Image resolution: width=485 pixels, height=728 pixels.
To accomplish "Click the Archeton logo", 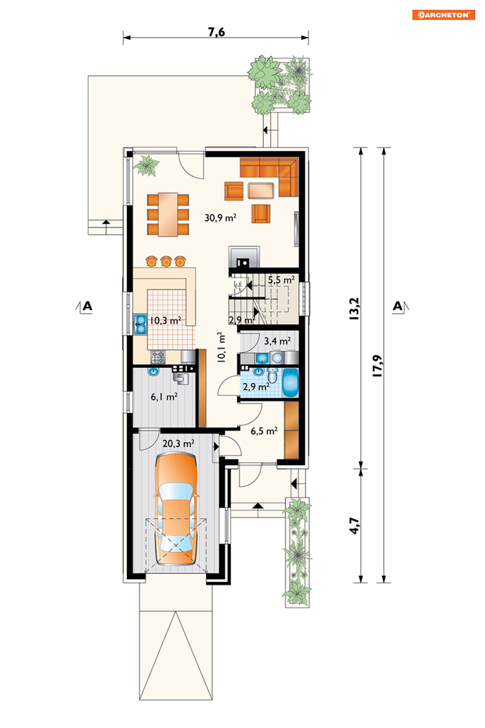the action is (x=444, y=15).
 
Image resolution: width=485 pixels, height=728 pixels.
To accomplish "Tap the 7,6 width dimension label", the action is (x=216, y=32).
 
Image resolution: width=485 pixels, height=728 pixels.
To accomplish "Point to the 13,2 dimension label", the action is (x=354, y=309).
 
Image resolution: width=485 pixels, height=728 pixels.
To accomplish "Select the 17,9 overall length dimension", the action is (x=377, y=365).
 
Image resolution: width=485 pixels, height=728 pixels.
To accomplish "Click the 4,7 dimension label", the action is (x=354, y=526).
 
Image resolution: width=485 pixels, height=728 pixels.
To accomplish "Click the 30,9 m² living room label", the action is (x=220, y=217).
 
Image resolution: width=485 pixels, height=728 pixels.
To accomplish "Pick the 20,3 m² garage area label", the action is (x=178, y=443).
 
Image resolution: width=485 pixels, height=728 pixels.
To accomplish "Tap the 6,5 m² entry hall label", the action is (x=264, y=431).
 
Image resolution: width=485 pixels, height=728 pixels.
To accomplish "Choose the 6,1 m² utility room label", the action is (x=164, y=396).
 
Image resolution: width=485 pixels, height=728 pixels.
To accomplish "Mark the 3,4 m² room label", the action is (x=277, y=341).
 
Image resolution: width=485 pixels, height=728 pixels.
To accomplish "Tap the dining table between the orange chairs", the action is (x=168, y=215).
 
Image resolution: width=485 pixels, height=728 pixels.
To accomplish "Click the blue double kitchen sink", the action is (x=140, y=324).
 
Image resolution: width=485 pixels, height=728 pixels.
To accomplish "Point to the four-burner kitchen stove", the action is (x=158, y=357).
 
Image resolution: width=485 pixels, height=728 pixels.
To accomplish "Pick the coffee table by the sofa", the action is (x=261, y=191).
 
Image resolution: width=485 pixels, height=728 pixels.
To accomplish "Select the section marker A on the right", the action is (x=398, y=306).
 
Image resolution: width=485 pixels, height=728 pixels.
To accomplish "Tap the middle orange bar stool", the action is (x=166, y=261).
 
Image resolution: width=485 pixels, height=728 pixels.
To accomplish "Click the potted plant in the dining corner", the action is (x=147, y=165).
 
